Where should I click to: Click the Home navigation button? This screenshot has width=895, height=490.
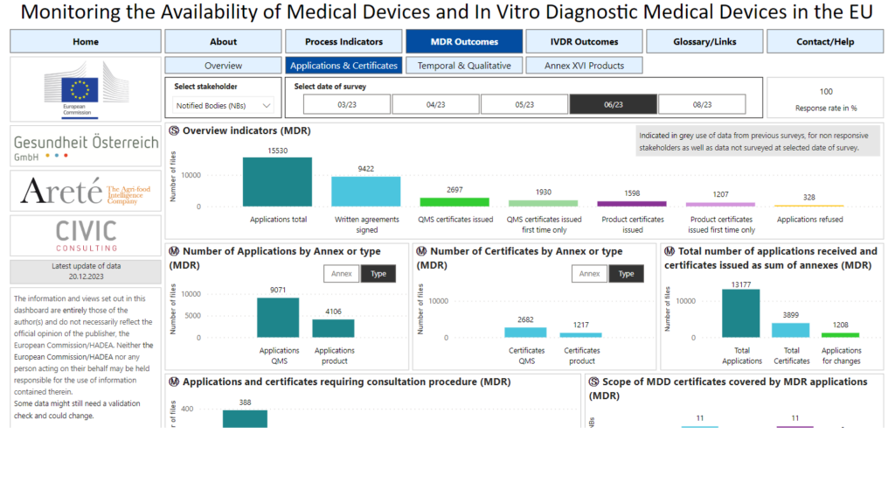[x=86, y=41]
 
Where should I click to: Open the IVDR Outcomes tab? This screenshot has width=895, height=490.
[x=584, y=41]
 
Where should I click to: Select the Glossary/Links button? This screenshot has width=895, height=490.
[x=705, y=41]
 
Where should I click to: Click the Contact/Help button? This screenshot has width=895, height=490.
[x=825, y=41]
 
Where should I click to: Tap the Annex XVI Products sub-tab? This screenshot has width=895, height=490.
[x=584, y=66]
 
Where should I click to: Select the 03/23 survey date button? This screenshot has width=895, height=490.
[x=346, y=104]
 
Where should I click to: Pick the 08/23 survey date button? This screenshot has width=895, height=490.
[x=702, y=104]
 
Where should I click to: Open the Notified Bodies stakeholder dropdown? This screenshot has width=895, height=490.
[x=224, y=106]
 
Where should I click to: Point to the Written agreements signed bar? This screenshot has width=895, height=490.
[x=366, y=192]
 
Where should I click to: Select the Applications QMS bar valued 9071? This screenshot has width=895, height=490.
[x=278, y=318]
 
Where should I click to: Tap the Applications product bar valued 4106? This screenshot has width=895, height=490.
[x=334, y=328]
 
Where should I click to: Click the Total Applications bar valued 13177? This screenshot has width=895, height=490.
[x=741, y=313]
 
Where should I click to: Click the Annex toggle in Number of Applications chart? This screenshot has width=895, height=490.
[x=342, y=274]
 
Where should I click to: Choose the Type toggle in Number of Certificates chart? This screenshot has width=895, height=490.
[x=626, y=274]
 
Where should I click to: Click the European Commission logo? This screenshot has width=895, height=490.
[x=85, y=91]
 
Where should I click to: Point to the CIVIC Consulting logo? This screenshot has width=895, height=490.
[x=85, y=235]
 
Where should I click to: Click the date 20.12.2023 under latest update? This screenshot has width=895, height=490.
[x=86, y=276]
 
